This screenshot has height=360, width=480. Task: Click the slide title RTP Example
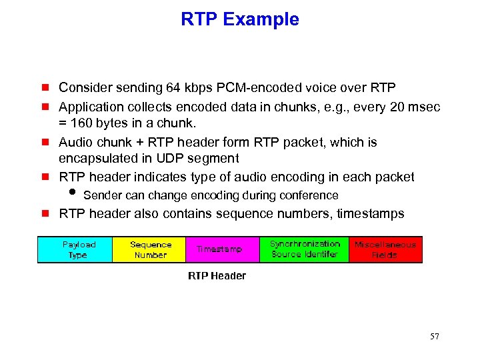240,20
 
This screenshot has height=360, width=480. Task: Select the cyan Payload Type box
75,249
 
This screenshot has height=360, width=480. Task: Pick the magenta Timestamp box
219,249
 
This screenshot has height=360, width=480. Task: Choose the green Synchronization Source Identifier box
305,249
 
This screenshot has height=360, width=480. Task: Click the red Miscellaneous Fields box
385,249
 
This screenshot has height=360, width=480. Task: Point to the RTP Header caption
217,276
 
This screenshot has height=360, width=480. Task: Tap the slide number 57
434,337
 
